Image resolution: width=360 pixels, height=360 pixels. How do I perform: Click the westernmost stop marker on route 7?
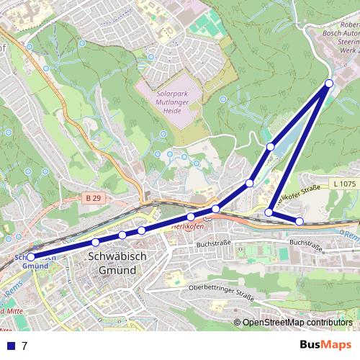coord(30,256)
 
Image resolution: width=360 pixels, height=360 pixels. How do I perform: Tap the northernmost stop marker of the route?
coord(329,84)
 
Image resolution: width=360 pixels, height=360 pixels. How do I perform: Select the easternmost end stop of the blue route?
coord(300,220)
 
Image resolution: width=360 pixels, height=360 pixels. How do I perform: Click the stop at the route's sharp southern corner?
coord(269,212)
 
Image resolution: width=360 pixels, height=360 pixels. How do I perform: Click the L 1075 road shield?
coord(345,184)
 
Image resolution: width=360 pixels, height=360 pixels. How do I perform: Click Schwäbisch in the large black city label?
coord(117,256)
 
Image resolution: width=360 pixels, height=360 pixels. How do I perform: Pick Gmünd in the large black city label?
coord(117,269)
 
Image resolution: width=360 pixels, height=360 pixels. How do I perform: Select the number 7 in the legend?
coord(24,346)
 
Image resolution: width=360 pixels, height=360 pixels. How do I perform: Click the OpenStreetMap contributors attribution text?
coord(297,323)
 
